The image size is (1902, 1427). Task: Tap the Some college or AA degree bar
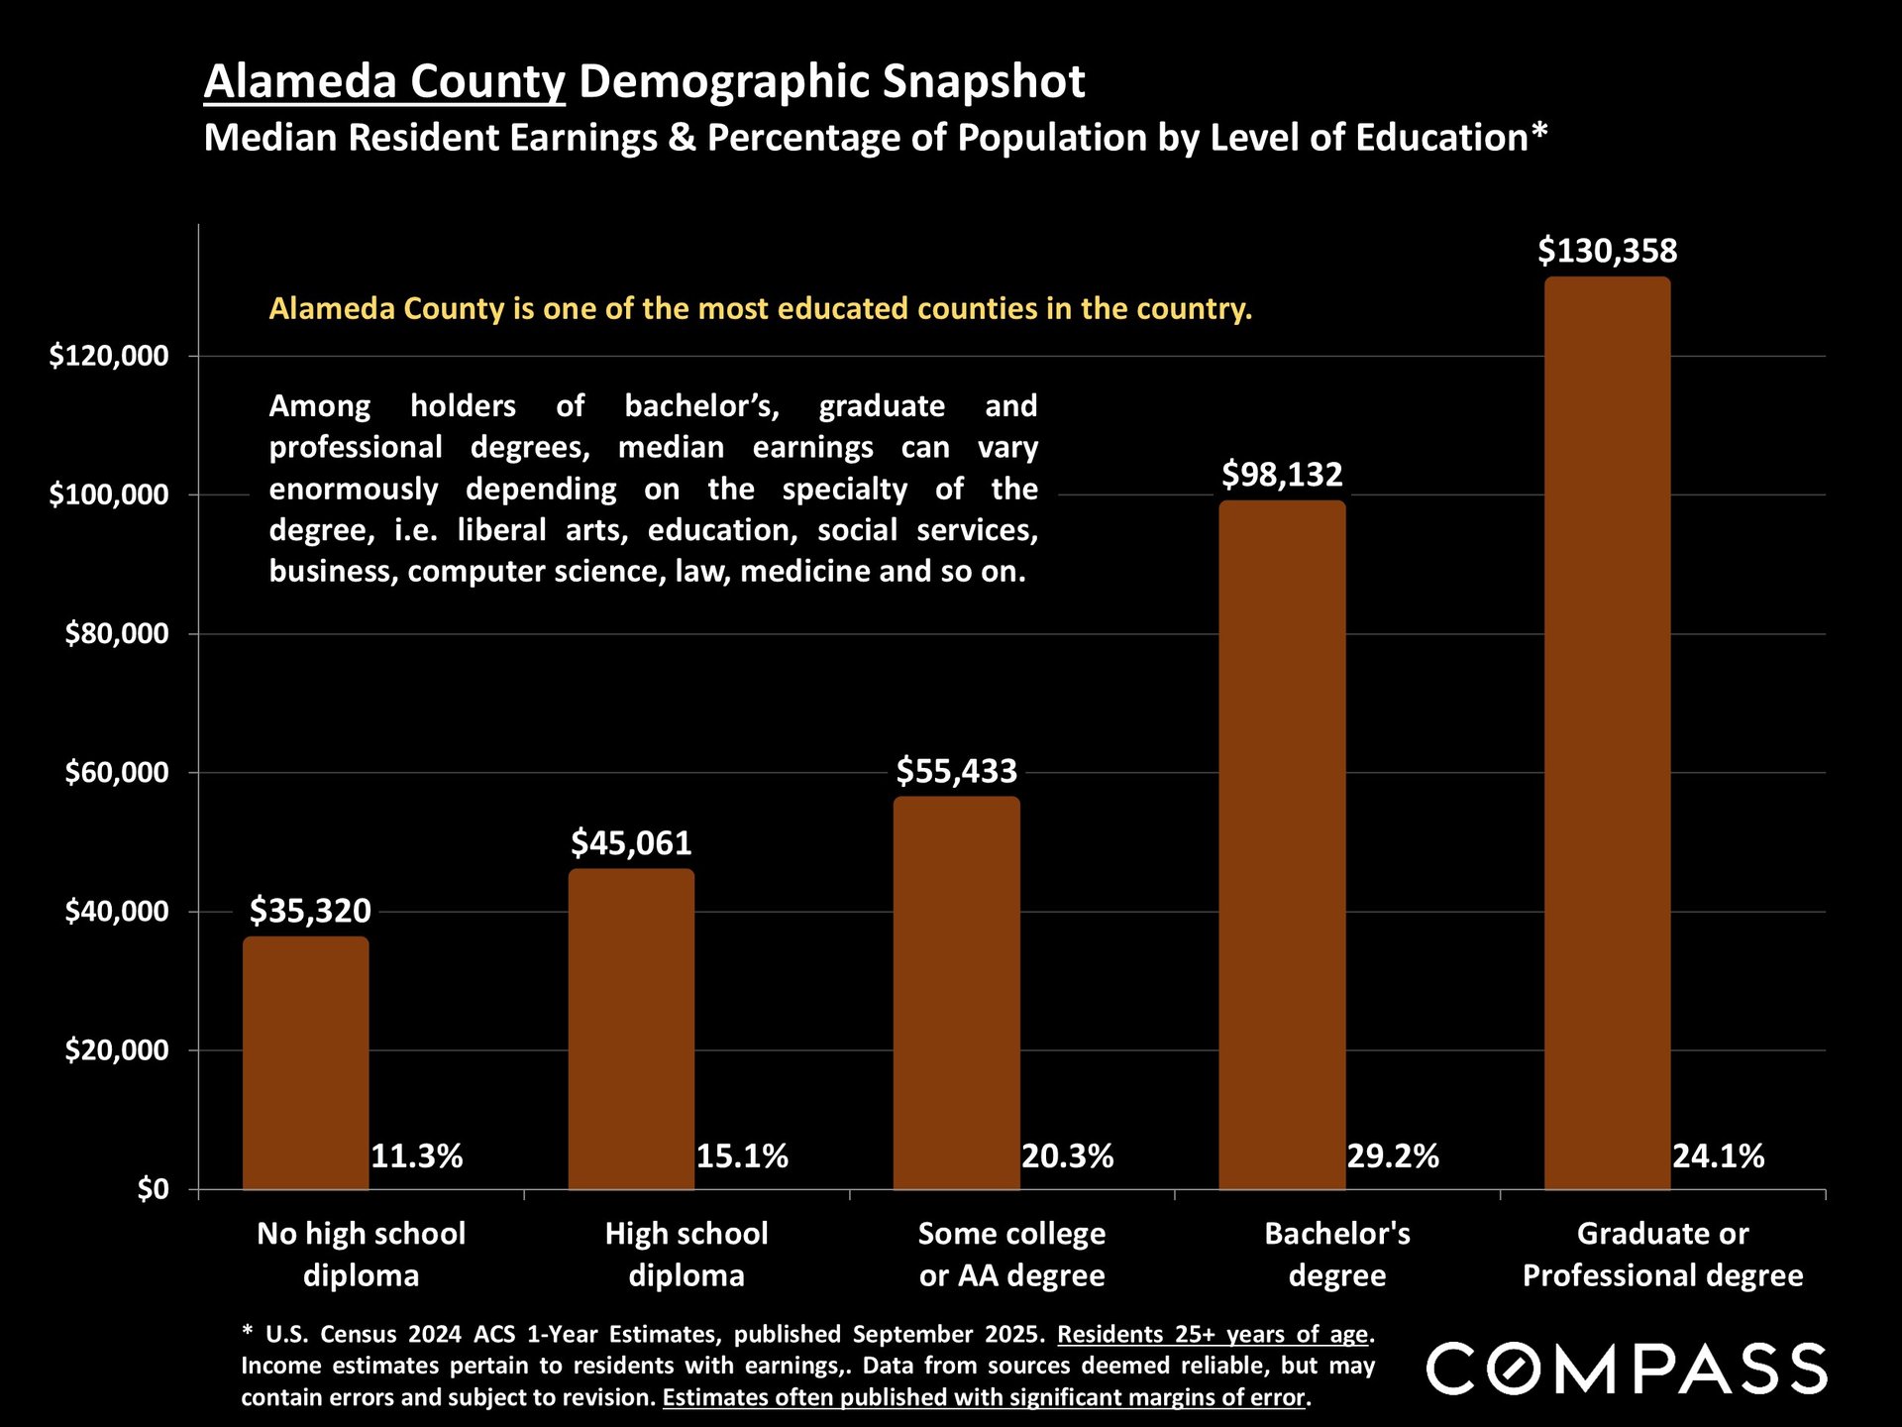(x=956, y=992)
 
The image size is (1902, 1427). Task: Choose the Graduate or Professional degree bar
(x=1607, y=732)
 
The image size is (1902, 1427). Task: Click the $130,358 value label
(x=1607, y=251)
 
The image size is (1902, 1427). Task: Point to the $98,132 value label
(x=1282, y=475)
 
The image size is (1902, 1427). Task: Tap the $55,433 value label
(x=956, y=771)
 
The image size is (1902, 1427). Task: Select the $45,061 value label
(x=631, y=843)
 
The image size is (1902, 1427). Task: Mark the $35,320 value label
(x=310, y=911)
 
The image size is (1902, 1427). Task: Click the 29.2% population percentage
(x=1392, y=1156)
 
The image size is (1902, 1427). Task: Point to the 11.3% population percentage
(x=416, y=1156)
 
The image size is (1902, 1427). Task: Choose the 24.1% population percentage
(x=1718, y=1156)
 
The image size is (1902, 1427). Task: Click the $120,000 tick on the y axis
(x=109, y=356)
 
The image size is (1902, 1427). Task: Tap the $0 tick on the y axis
(x=154, y=1189)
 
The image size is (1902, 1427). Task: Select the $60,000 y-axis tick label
(x=117, y=773)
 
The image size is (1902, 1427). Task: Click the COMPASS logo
(x=1626, y=1369)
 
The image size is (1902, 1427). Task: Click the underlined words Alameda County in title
(x=384, y=81)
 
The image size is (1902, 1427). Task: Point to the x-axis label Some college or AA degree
(x=1011, y=1255)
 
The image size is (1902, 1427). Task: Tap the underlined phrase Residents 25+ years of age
(x=1213, y=1335)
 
